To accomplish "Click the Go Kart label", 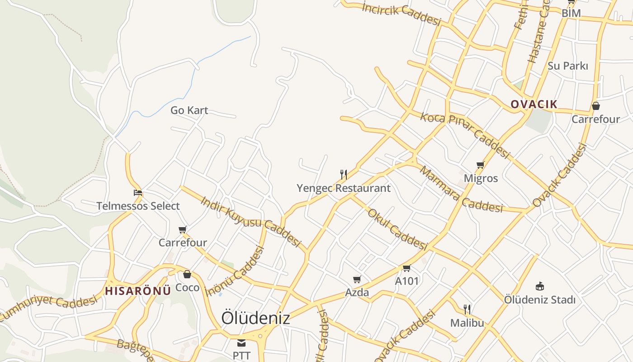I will (x=189, y=110).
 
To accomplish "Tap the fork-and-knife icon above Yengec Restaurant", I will (x=344, y=174).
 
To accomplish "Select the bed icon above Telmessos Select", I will (x=138, y=193).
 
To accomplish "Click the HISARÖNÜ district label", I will (x=138, y=291).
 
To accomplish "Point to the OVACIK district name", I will (x=534, y=105).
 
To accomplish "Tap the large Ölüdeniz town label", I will (x=255, y=318).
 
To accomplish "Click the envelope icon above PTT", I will (x=241, y=343).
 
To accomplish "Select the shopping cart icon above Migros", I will (x=480, y=165).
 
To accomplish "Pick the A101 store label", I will (x=407, y=281).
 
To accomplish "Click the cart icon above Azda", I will (x=357, y=279).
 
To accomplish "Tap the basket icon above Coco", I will (x=187, y=274).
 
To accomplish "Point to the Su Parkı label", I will (x=568, y=66).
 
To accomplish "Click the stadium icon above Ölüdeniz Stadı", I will (x=539, y=286).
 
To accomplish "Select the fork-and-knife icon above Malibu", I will (x=467, y=310).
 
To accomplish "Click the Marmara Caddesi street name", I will (x=461, y=191).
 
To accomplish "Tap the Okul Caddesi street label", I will (x=397, y=229).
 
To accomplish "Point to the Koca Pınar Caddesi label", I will (x=465, y=135).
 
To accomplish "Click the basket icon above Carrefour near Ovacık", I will (x=596, y=106).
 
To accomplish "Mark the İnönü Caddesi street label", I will (x=235, y=271).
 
